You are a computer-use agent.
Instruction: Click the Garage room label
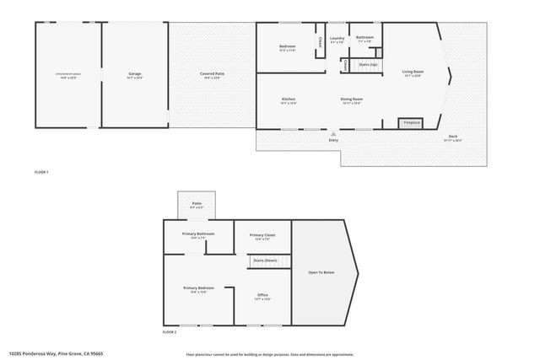pyautogui.click(x=135, y=74)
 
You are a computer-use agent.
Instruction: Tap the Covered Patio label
pyautogui.click(x=212, y=74)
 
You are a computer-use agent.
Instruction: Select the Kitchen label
pyautogui.click(x=289, y=99)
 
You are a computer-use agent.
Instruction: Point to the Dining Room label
pyautogui.click(x=351, y=99)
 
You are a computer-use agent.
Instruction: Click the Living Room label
pyautogui.click(x=413, y=72)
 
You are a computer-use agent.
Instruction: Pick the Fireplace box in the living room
pyautogui.click(x=410, y=123)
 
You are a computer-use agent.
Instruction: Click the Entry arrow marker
pyautogui.click(x=333, y=132)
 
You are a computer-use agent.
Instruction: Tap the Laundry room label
pyautogui.click(x=337, y=38)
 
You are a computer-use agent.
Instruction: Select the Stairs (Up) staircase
pyautogui.click(x=368, y=64)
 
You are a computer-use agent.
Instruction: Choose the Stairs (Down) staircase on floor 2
pyautogui.click(x=266, y=261)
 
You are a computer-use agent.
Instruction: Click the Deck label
pyautogui.click(x=453, y=137)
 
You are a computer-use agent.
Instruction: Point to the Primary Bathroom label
pyautogui.click(x=198, y=234)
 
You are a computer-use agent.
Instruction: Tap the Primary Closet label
pyautogui.click(x=262, y=234)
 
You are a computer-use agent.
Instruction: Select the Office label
pyautogui.click(x=262, y=294)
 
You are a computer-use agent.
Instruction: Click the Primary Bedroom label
pyautogui.click(x=198, y=288)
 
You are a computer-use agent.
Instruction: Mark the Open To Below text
pyautogui.click(x=321, y=272)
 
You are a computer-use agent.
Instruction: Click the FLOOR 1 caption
pyautogui.click(x=41, y=172)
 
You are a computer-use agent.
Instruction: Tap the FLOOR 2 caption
pyautogui.click(x=170, y=332)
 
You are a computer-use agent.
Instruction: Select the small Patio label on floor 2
pyautogui.click(x=196, y=202)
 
